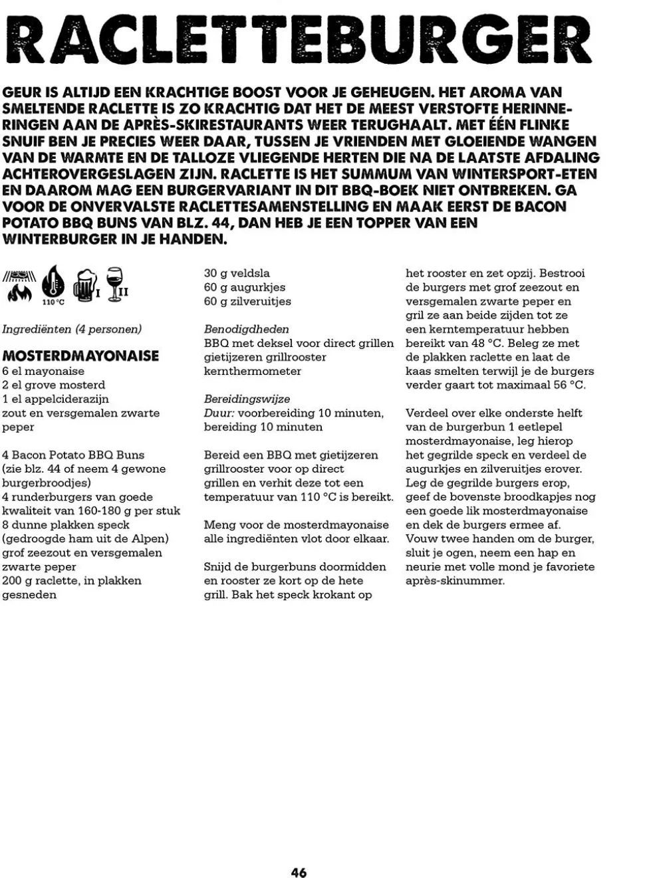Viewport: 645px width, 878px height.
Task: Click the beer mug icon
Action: tap(84, 286)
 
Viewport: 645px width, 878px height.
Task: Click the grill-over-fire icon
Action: tap(19, 286)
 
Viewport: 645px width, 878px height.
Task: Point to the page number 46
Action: tap(299, 872)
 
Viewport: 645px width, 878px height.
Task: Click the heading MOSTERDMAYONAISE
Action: tap(80, 356)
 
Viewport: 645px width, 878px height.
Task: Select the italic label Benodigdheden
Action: tap(246, 329)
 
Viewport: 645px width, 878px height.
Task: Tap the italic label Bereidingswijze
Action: tap(247, 399)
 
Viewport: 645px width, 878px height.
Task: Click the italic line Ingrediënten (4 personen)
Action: tap(72, 329)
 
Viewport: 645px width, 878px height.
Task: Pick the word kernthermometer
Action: tap(252, 371)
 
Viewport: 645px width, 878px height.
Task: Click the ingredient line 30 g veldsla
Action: tap(237, 273)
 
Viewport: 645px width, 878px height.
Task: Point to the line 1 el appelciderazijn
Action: tap(55, 399)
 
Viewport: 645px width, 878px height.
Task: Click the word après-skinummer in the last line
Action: tap(455, 581)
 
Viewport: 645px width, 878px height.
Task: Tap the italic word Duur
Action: tap(218, 413)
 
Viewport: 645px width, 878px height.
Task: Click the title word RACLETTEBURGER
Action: tap(298, 40)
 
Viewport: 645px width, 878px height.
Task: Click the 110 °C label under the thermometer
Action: tap(53, 302)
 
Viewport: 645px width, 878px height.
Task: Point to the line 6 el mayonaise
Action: tap(43, 371)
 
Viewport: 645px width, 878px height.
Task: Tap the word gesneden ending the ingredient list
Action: tap(29, 595)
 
